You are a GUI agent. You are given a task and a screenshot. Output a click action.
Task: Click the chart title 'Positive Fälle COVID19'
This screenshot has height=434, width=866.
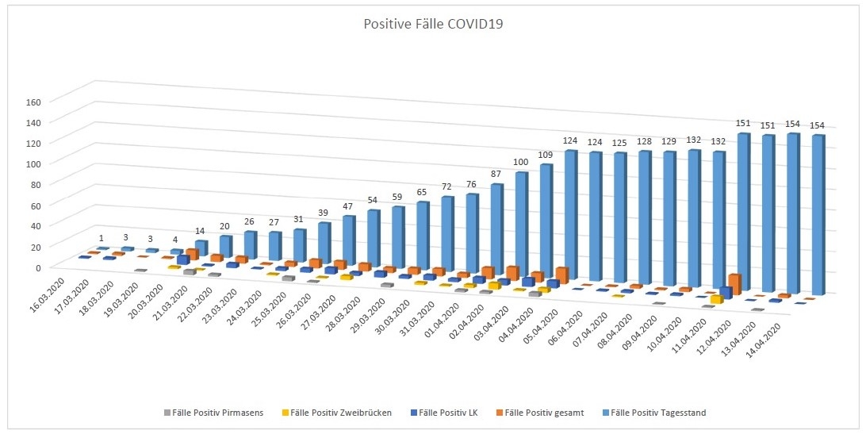[433, 24]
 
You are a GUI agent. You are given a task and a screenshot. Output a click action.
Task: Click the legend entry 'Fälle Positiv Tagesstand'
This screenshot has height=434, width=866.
[659, 412]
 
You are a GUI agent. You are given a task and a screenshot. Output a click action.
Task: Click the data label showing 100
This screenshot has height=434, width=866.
[520, 162]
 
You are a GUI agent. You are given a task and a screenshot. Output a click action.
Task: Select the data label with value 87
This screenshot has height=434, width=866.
[495, 174]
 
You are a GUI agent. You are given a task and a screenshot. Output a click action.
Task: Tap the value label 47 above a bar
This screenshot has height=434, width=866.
[348, 206]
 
